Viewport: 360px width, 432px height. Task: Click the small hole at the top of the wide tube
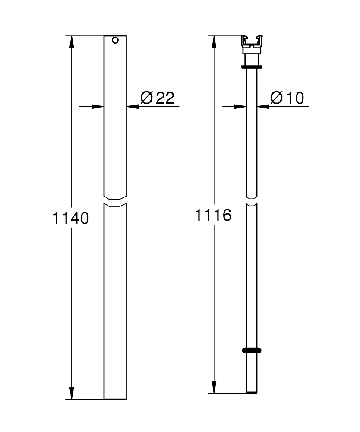(115, 41)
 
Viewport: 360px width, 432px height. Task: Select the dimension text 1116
(213, 215)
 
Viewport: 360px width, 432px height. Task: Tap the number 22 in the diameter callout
(164, 98)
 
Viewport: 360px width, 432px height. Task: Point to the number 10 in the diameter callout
(294, 98)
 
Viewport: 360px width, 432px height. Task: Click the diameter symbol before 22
(147, 98)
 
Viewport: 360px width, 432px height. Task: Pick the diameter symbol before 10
(276, 98)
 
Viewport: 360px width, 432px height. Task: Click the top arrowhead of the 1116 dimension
(214, 41)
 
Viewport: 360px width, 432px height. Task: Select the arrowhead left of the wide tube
(98, 106)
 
